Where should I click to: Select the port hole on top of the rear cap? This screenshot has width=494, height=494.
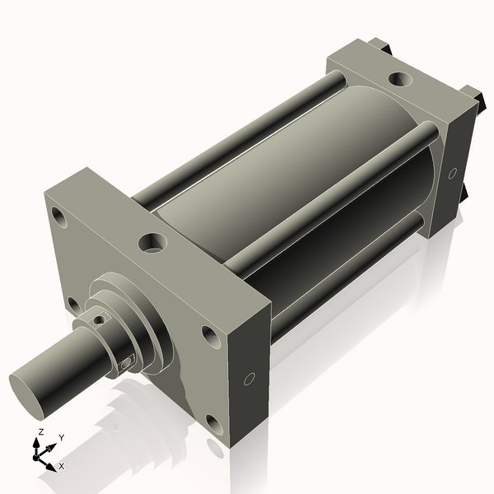click(398, 80)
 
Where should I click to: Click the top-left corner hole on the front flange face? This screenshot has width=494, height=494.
click(58, 217)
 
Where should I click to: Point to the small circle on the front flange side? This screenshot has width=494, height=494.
click(249, 379)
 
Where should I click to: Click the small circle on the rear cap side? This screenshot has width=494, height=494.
click(452, 174)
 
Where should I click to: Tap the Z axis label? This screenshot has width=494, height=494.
click(40, 432)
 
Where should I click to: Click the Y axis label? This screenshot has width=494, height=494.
click(62, 437)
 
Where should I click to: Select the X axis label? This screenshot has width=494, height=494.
click(62, 466)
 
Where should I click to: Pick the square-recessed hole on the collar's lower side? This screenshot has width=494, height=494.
click(126, 361)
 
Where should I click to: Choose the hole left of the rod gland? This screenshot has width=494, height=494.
click(74, 304)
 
